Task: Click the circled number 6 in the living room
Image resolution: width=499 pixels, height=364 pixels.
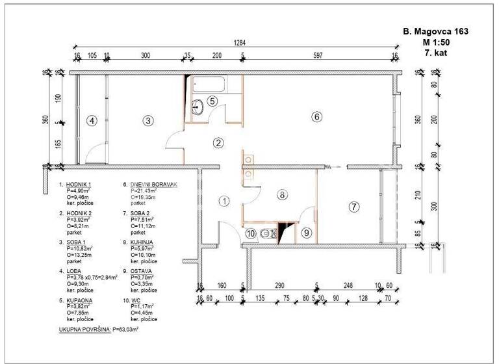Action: point(316,118)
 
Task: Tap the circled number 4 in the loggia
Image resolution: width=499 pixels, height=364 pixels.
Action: point(92,120)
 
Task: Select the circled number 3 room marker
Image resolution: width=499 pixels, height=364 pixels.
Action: point(148,120)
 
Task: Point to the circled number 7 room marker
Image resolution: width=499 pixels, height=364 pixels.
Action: point(353,207)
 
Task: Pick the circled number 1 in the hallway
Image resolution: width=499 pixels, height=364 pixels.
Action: point(224,201)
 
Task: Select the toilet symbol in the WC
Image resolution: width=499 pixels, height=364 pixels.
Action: point(265,233)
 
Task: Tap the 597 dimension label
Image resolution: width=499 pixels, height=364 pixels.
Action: point(317,57)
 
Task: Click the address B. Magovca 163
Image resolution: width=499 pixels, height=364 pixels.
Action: point(435,31)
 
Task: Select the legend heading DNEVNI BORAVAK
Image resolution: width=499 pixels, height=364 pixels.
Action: point(154,185)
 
